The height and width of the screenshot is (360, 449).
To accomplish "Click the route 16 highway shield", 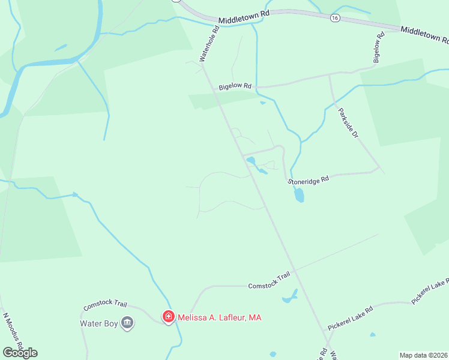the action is pyautogui.click(x=334, y=19).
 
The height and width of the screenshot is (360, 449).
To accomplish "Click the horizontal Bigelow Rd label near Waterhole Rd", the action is pyautogui.click(x=234, y=86).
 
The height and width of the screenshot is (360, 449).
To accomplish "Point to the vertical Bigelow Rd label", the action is pyautogui.click(x=378, y=48).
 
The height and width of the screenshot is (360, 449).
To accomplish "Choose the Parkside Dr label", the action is pyautogui.click(x=348, y=123).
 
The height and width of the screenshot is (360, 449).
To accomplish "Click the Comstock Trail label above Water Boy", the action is pyautogui.click(x=103, y=306).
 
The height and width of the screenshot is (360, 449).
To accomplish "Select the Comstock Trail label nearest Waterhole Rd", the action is pyautogui.click(x=269, y=281).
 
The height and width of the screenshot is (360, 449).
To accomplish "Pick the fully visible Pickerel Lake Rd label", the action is pyautogui.click(x=350, y=319).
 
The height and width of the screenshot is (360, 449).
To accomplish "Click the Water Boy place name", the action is pyautogui.click(x=99, y=323).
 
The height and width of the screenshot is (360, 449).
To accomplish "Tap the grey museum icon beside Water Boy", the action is pyautogui.click(x=127, y=323).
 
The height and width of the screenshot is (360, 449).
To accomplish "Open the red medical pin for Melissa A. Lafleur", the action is pyautogui.click(x=169, y=317).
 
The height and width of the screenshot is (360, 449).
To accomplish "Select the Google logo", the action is pyautogui.click(x=20, y=353).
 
